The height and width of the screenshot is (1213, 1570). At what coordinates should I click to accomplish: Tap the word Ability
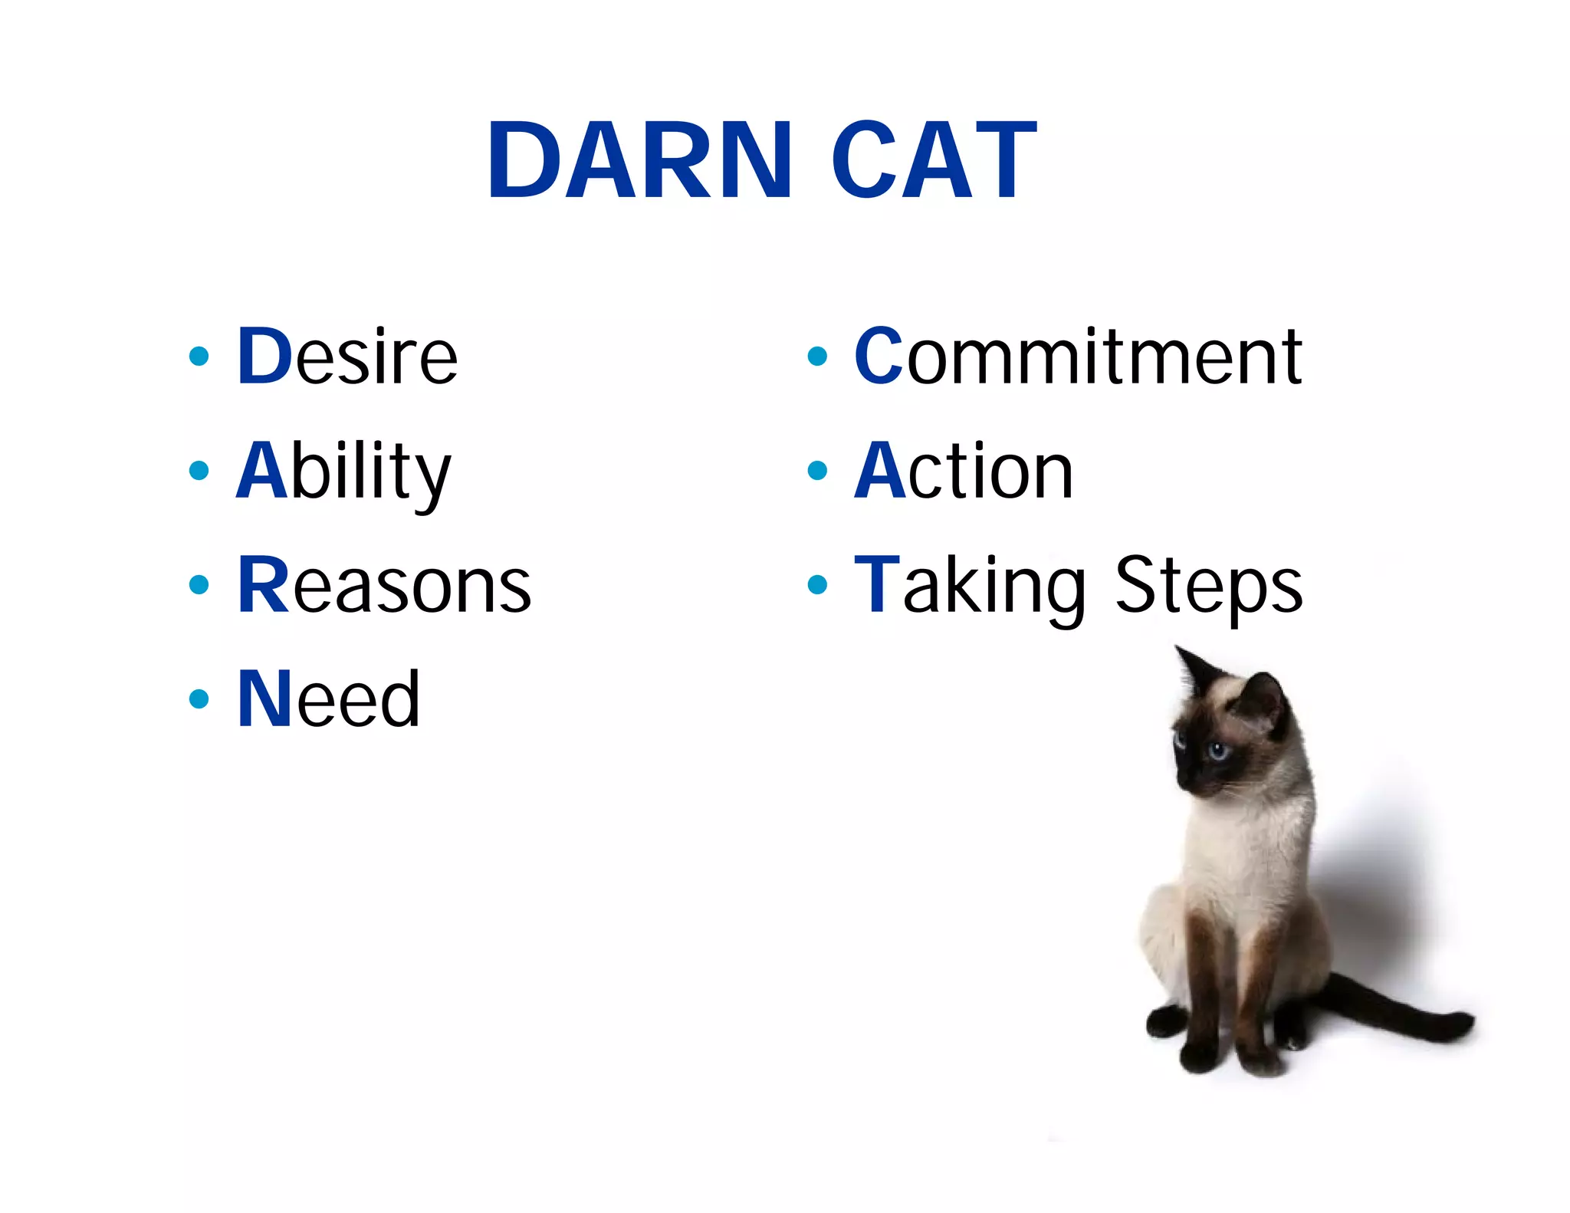(x=343, y=472)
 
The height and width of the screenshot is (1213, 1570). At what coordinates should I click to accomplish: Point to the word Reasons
(x=383, y=586)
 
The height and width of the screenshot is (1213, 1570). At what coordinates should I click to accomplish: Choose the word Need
(x=328, y=699)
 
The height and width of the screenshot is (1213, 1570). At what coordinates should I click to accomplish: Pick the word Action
(x=964, y=472)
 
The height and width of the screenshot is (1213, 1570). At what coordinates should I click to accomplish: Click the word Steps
(x=1208, y=586)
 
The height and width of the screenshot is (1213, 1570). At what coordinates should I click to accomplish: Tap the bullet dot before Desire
(x=199, y=356)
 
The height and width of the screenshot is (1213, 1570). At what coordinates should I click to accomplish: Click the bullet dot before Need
(x=199, y=699)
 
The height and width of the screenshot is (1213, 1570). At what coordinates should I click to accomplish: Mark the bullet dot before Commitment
(x=817, y=356)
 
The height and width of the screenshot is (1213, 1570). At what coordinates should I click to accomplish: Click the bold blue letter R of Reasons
(x=262, y=585)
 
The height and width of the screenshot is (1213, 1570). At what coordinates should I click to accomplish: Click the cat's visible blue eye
(x=1217, y=750)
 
